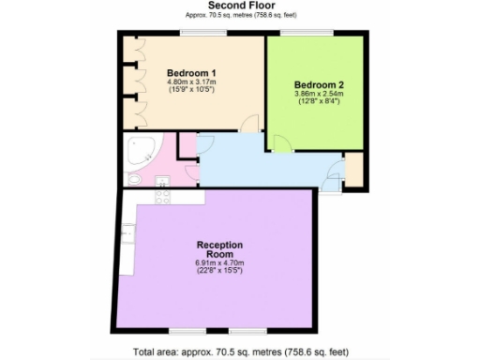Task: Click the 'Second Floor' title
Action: point(239,6)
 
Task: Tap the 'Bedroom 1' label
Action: point(191,73)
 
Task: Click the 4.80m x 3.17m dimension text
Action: point(191,82)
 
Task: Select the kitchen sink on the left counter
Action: point(127,231)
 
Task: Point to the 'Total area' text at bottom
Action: point(240,352)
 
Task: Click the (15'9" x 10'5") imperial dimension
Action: point(191,91)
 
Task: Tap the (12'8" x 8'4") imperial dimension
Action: point(306,102)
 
